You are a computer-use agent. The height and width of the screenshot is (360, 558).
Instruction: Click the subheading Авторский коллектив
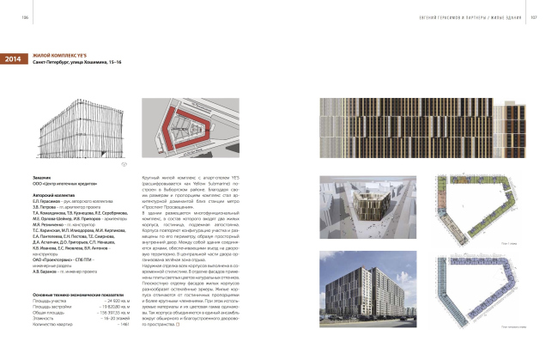point(55,195)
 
